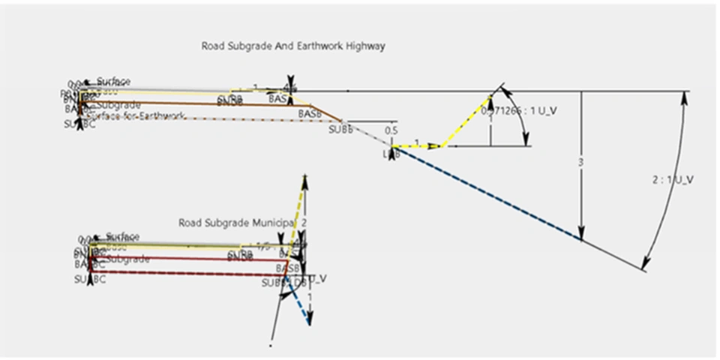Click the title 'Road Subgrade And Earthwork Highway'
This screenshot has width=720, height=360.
[x=292, y=46]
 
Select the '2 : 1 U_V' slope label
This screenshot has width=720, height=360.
[x=673, y=179]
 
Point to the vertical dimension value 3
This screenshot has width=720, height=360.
[x=580, y=163]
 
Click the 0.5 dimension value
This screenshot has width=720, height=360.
[x=391, y=130]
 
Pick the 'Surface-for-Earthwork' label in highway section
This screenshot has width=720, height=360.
[x=135, y=115]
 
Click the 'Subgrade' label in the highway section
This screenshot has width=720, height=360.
[x=115, y=105]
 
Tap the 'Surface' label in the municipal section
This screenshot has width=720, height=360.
[x=122, y=237]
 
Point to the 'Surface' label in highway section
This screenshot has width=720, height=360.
[x=113, y=81]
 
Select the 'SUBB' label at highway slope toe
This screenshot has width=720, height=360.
[x=340, y=130]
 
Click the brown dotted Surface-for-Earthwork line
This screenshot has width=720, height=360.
[x=225, y=118]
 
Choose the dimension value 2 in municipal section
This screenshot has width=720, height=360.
[x=304, y=223]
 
